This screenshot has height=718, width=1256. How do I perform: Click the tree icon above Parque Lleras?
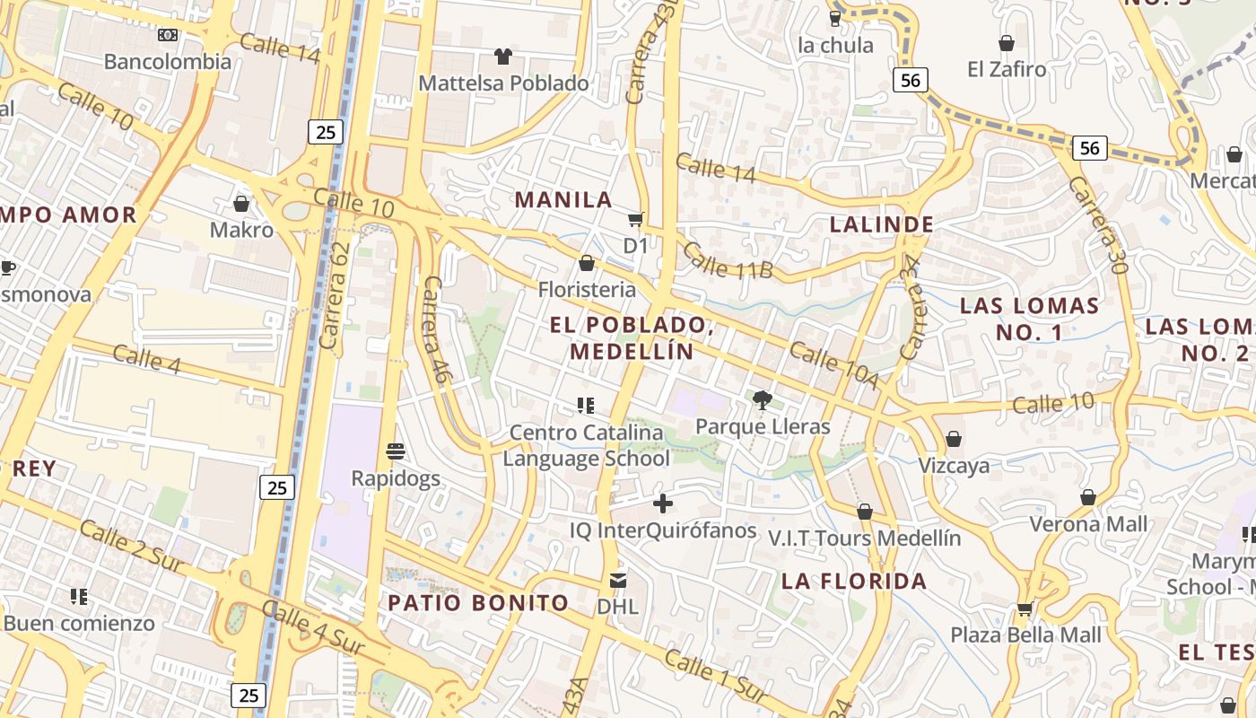pyautogui.click(x=763, y=400)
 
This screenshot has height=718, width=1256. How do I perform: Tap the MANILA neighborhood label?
pyautogui.click(x=563, y=200)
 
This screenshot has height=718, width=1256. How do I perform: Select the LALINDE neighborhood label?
pyautogui.click(x=882, y=224)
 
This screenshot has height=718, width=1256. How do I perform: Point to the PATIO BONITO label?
pyautogui.click(x=478, y=602)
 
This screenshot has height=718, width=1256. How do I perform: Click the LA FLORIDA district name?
pyautogui.click(x=854, y=581)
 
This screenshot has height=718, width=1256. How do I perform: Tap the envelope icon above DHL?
pyautogui.click(x=618, y=581)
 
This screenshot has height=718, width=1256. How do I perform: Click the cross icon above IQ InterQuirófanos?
pyautogui.click(x=663, y=504)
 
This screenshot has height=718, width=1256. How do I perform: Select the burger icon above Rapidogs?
pyautogui.click(x=396, y=451)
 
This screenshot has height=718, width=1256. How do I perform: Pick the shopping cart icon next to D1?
pyautogui.click(x=636, y=219)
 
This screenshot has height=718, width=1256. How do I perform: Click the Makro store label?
pyautogui.click(x=241, y=230)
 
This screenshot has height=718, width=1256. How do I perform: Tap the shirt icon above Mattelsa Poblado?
pyautogui.click(x=503, y=57)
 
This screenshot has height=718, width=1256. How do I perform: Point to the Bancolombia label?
pyautogui.click(x=168, y=62)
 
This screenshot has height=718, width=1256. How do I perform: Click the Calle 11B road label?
pyautogui.click(x=727, y=259)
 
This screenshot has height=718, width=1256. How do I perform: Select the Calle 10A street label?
pyautogui.click(x=834, y=365)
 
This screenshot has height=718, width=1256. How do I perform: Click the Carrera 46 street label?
pyautogui.click(x=434, y=329)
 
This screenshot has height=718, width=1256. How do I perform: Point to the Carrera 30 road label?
pyautogui.click(x=1096, y=224)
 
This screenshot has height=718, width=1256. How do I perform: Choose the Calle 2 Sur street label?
pyautogui.click(x=131, y=546)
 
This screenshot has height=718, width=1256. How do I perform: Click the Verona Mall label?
pyautogui.click(x=1088, y=524)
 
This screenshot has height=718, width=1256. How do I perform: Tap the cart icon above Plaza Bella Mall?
pyautogui.click(x=1025, y=609)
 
